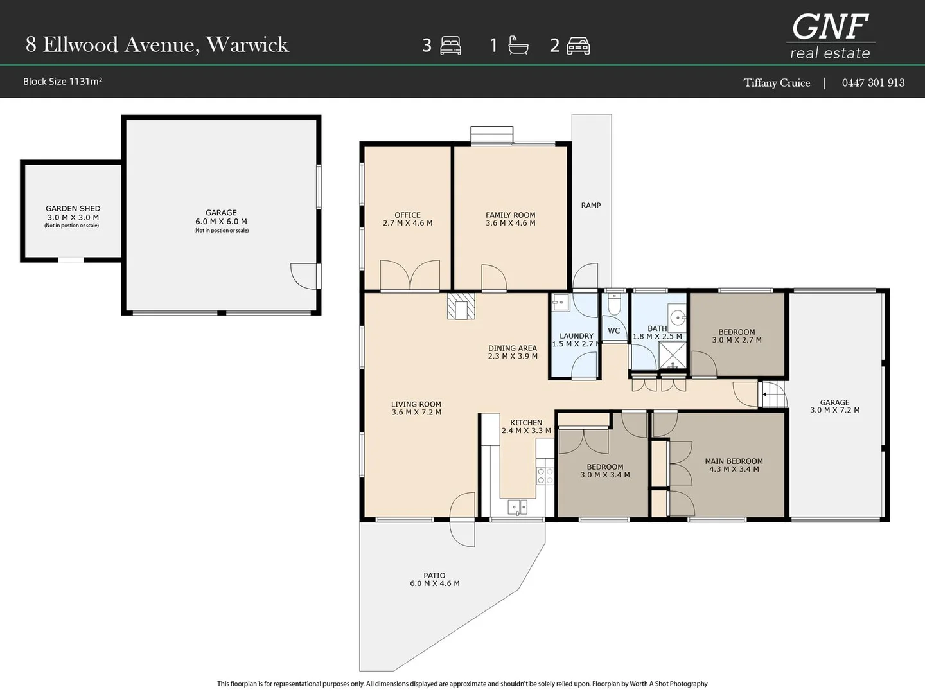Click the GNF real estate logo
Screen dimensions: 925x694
(830, 36)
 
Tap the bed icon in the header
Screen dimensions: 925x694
(450, 46)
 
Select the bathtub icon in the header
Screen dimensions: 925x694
(518, 45)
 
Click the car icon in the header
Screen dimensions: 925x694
(578, 46)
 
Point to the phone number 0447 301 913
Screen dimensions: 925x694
(873, 83)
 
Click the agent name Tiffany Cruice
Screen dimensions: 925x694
(777, 83)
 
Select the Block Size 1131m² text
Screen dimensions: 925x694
(62, 82)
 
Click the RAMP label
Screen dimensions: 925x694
(591, 205)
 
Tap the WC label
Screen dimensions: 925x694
(614, 331)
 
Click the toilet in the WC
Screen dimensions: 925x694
(614, 304)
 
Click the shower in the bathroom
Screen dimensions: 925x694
(673, 355)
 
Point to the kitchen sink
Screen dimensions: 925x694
(517, 508)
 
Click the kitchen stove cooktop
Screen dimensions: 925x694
(545, 476)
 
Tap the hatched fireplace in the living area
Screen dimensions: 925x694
(461, 307)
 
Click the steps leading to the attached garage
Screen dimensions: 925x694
(773, 395)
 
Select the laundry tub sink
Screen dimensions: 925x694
(561, 303)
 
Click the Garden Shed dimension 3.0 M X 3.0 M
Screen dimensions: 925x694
(73, 217)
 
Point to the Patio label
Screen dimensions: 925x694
(434, 575)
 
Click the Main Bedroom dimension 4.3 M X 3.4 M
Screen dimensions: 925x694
(734, 469)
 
